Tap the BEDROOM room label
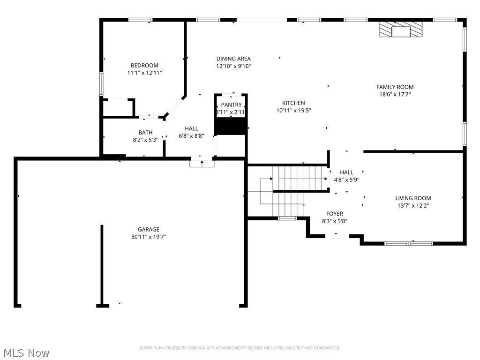[144, 66]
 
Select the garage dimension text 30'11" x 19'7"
[149, 237]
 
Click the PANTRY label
[231, 105]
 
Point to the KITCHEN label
[293, 103]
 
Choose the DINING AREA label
[233, 59]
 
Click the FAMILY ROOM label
[395, 87]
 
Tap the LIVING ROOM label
[413, 198]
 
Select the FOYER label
[335, 214]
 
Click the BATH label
[145, 133]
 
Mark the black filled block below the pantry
[231, 126]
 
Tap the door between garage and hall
[202, 163]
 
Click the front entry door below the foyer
[337, 237]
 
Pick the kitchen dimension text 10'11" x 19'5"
[293, 111]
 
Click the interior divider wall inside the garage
[102, 265]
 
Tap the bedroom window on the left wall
[101, 84]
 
